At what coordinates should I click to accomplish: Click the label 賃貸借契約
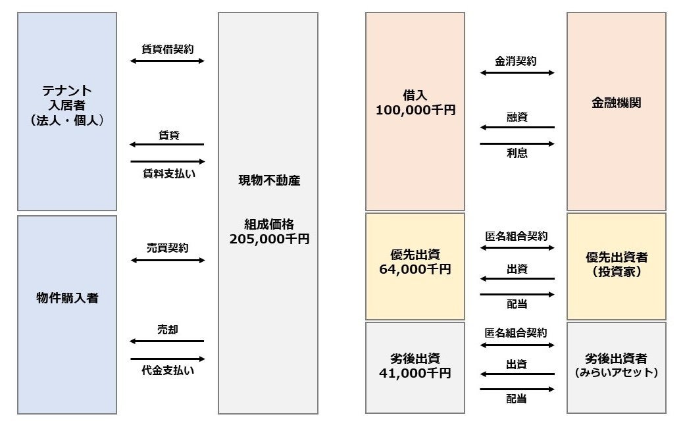click(168, 49)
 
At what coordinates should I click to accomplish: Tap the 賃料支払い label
click(168, 174)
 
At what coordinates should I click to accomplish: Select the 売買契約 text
click(168, 248)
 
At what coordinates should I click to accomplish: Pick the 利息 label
click(517, 153)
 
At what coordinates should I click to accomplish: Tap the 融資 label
click(517, 116)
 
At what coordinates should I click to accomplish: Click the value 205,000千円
click(268, 240)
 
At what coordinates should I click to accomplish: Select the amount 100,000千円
click(415, 111)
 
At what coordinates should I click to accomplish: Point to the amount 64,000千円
click(415, 269)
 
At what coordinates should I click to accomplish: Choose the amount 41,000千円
click(415, 373)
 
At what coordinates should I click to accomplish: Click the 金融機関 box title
click(617, 103)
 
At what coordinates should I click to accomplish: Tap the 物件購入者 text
click(67, 298)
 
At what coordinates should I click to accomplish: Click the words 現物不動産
click(268, 180)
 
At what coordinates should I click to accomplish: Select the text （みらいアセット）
click(617, 373)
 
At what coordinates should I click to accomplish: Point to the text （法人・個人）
click(67, 120)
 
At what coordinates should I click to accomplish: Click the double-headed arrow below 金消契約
click(517, 73)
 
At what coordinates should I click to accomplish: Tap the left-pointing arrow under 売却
click(168, 341)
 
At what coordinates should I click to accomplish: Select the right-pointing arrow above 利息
click(517, 143)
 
